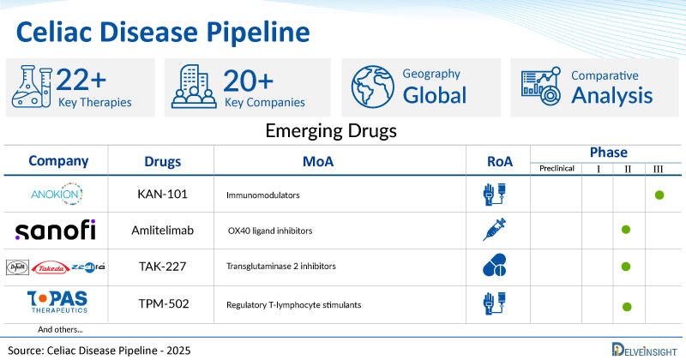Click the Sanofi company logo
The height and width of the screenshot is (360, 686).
[56, 231]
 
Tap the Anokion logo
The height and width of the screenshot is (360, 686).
[57, 195]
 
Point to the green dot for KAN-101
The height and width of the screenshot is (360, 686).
[659, 195]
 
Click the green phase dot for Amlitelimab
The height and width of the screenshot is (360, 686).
[626, 231]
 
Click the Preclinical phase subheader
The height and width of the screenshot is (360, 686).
[556, 169]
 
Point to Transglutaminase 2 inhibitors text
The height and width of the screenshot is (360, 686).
[284, 268]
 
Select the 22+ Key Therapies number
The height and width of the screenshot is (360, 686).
[81, 81]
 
